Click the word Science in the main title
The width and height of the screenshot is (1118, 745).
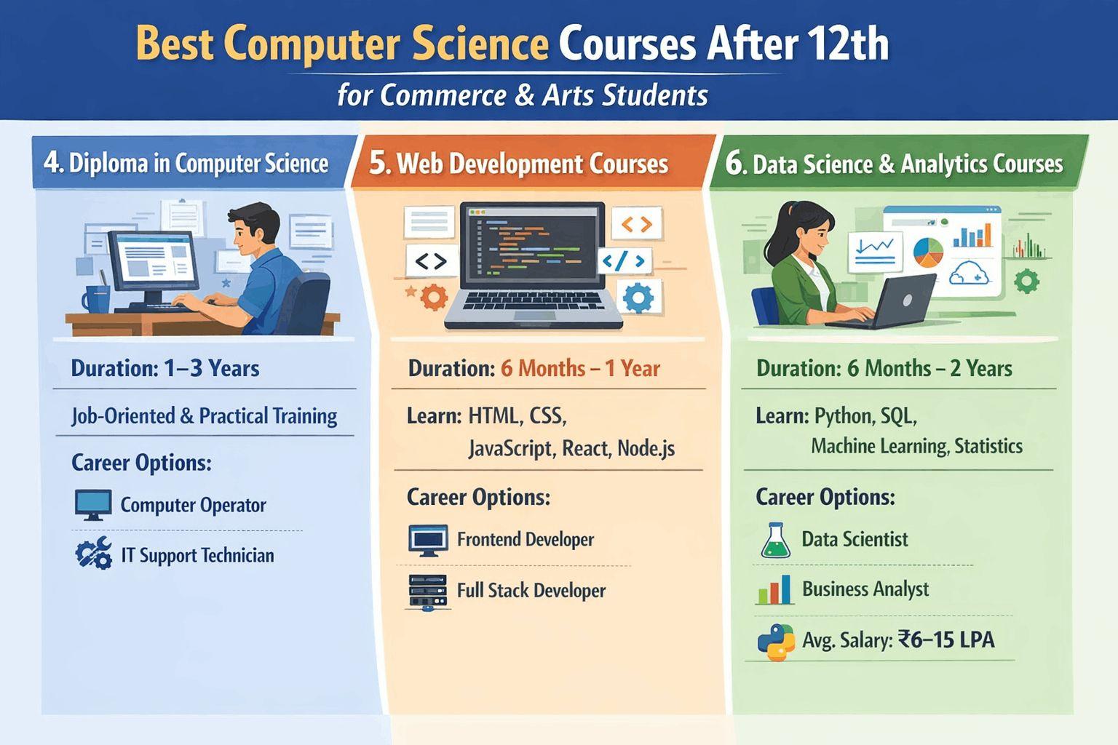(x=480, y=44)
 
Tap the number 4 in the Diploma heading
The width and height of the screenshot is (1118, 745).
(x=50, y=162)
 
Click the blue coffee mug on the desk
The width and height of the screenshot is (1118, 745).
(x=95, y=298)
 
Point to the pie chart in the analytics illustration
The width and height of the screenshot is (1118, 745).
(x=928, y=252)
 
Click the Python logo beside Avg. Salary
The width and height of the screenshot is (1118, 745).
(x=775, y=642)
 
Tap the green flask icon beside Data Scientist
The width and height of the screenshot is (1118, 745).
(x=775, y=541)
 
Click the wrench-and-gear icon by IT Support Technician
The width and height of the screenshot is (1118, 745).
(x=93, y=554)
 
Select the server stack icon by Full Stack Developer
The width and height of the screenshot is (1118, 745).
(x=427, y=591)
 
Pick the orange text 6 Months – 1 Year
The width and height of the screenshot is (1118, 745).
(x=580, y=368)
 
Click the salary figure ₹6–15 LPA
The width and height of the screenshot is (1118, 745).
(x=946, y=640)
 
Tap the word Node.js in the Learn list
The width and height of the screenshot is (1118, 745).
(x=646, y=448)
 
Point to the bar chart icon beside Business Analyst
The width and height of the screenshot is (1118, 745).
(x=774, y=589)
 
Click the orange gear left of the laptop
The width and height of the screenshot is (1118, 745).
(x=433, y=297)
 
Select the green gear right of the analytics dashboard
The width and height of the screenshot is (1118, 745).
(x=1026, y=281)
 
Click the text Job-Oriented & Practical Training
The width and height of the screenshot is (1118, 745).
(x=204, y=415)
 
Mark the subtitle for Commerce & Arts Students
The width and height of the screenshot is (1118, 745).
(x=522, y=95)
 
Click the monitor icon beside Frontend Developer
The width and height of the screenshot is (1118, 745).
(x=428, y=540)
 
